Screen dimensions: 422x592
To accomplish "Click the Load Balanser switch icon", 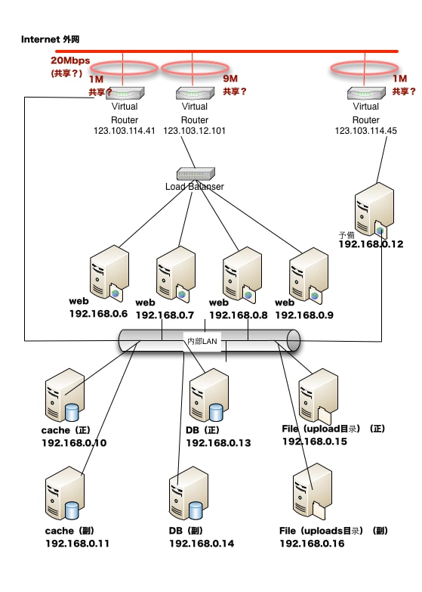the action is [x=196, y=174].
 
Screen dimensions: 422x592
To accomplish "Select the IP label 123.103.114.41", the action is [x=125, y=131].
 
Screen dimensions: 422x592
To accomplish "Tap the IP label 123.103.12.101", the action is [x=194, y=131].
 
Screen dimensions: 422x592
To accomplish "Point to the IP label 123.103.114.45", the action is [x=366, y=131].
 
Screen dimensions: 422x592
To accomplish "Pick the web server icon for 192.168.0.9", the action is [x=309, y=276].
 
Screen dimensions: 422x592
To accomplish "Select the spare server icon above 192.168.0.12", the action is [x=374, y=210].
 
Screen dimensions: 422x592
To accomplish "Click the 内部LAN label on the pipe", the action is [x=202, y=341].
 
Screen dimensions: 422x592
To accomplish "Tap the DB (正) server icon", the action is [x=209, y=395].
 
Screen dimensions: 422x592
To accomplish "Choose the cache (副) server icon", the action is [x=65, y=493].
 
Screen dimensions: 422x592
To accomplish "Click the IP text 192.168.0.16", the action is [x=312, y=544].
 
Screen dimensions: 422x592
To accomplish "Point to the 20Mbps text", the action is [x=70, y=60].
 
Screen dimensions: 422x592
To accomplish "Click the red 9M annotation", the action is [x=230, y=79].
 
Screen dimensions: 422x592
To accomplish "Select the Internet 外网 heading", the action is [x=50, y=39].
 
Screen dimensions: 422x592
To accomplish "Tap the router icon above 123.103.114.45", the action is [x=367, y=93].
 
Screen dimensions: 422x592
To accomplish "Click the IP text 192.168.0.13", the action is [x=218, y=443].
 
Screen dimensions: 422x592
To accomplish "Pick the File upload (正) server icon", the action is [x=319, y=396].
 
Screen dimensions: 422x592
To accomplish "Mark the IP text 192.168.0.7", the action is [x=165, y=315].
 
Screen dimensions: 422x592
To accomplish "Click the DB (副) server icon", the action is [x=189, y=493].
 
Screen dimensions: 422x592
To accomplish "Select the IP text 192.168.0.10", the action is [x=74, y=443].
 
